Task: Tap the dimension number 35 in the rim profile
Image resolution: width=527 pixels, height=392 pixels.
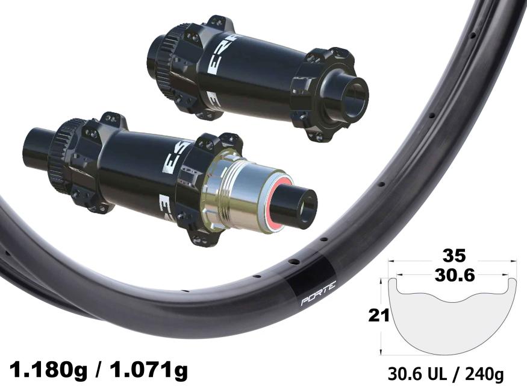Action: point(454,256)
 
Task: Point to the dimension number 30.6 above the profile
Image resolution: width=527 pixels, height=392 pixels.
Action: point(454,276)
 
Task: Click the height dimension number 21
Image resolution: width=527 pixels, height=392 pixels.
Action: point(379,315)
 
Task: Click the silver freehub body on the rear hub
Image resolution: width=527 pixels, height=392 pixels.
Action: point(235,192)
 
